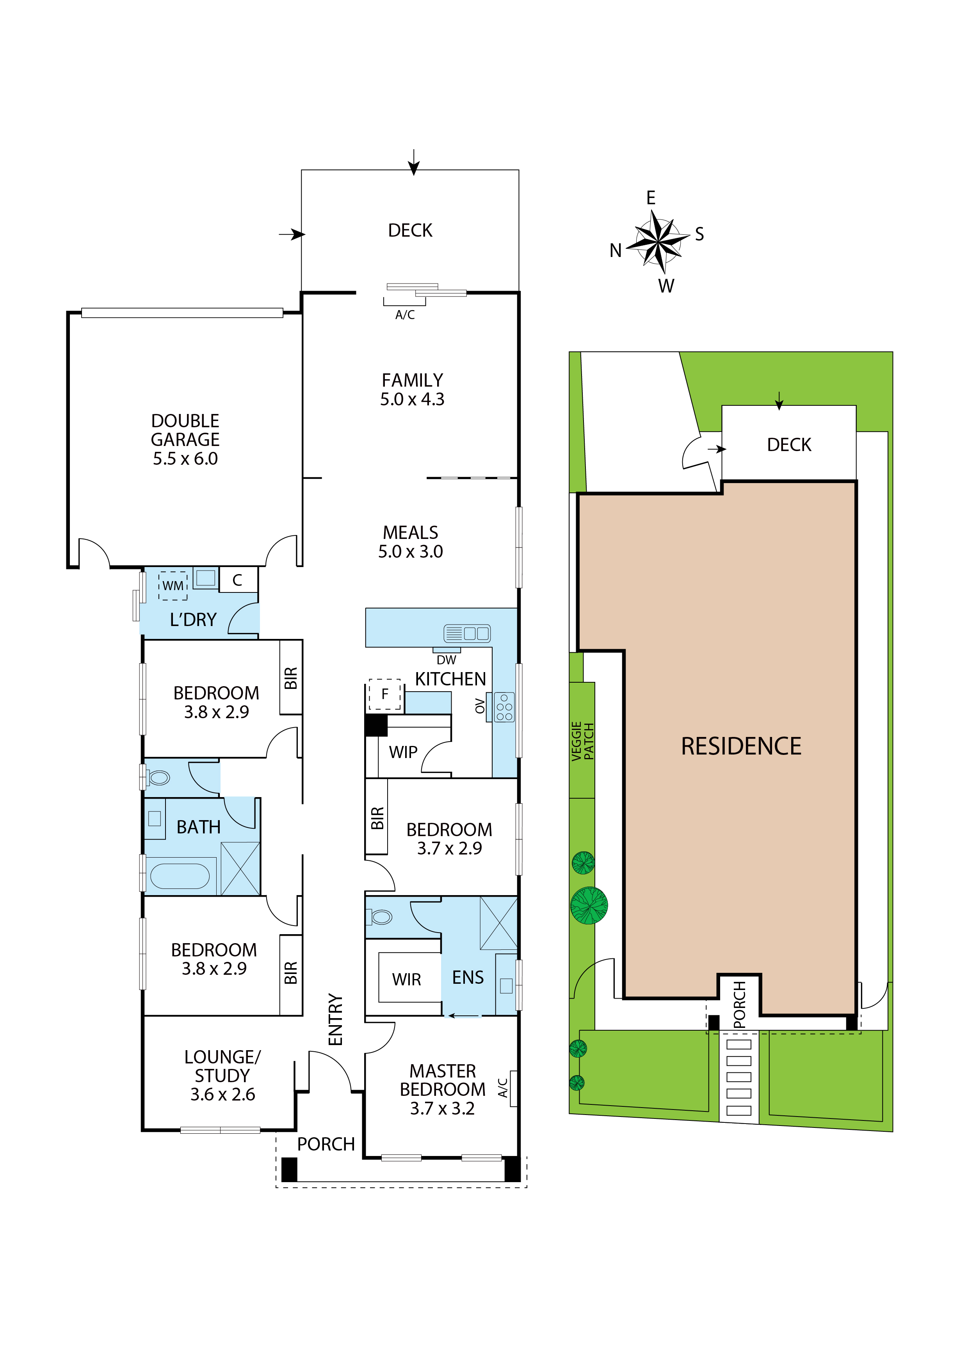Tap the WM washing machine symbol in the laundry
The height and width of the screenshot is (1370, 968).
coord(173,585)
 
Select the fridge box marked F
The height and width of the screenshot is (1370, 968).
coord(385,694)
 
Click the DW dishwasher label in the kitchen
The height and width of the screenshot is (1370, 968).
coord(446,660)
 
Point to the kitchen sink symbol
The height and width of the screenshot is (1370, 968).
coord(467,633)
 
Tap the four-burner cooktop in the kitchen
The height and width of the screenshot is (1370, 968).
coord(504,707)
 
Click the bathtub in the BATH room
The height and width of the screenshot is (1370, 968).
coord(180,876)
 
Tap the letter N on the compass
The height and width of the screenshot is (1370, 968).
coord(616,251)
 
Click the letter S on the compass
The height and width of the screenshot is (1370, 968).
coord(699,234)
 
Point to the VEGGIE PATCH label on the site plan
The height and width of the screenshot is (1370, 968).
coord(583,741)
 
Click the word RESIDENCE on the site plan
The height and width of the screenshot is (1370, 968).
coord(741,746)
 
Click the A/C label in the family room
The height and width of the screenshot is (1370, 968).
coord(405,315)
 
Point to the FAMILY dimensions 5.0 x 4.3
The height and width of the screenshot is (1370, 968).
coord(412,399)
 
